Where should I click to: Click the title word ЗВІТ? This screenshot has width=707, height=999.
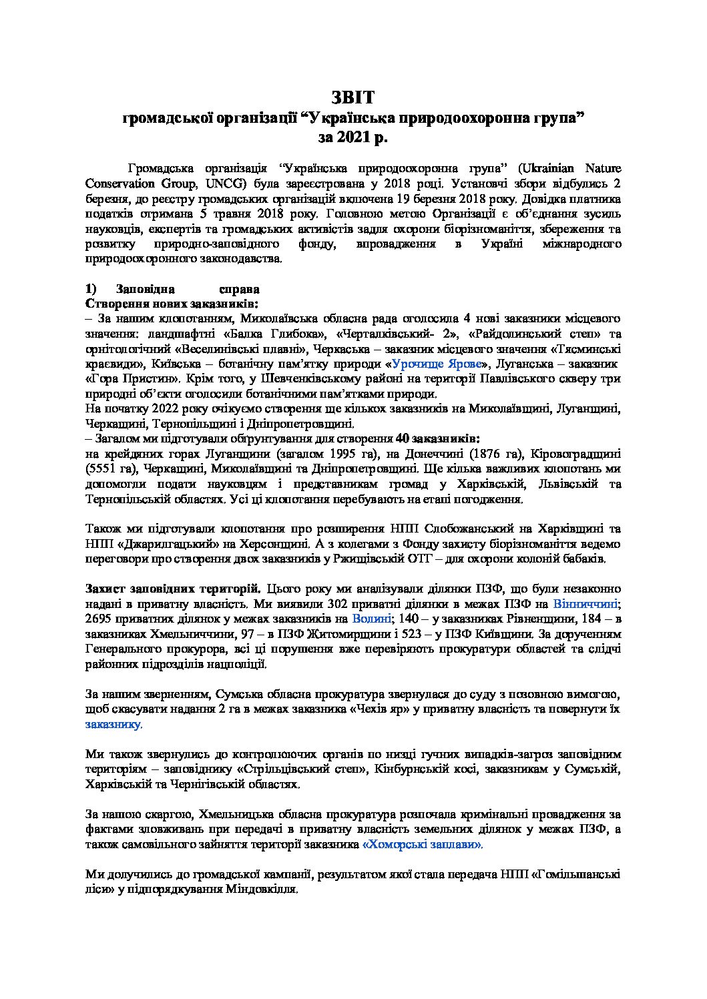tap(353, 97)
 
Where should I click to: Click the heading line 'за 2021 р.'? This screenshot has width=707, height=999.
tap(353, 137)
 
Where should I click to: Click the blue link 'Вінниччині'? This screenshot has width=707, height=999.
tap(587, 604)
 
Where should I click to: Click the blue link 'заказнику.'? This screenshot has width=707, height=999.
tap(113, 723)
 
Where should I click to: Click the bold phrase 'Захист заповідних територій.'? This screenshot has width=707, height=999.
tap(174, 589)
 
